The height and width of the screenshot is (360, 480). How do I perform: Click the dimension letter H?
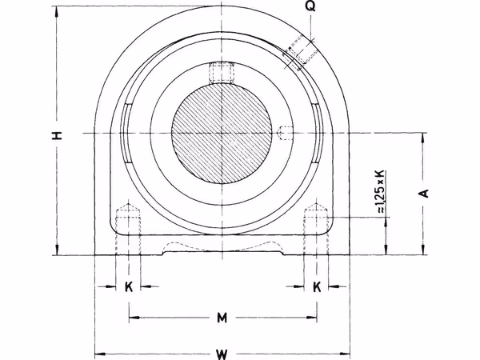(x=58, y=135)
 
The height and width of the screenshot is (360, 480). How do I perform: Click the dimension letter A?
(x=424, y=194)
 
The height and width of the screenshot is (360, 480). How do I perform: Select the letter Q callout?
(x=310, y=6)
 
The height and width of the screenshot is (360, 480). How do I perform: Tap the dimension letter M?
(x=222, y=318)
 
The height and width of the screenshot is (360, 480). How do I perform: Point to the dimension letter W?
(x=222, y=354)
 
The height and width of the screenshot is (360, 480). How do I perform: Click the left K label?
(x=129, y=287)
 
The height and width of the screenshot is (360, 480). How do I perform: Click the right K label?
(x=317, y=287)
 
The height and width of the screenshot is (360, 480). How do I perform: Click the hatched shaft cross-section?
(x=222, y=133)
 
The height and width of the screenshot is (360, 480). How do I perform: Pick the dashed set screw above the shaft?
(x=221, y=73)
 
